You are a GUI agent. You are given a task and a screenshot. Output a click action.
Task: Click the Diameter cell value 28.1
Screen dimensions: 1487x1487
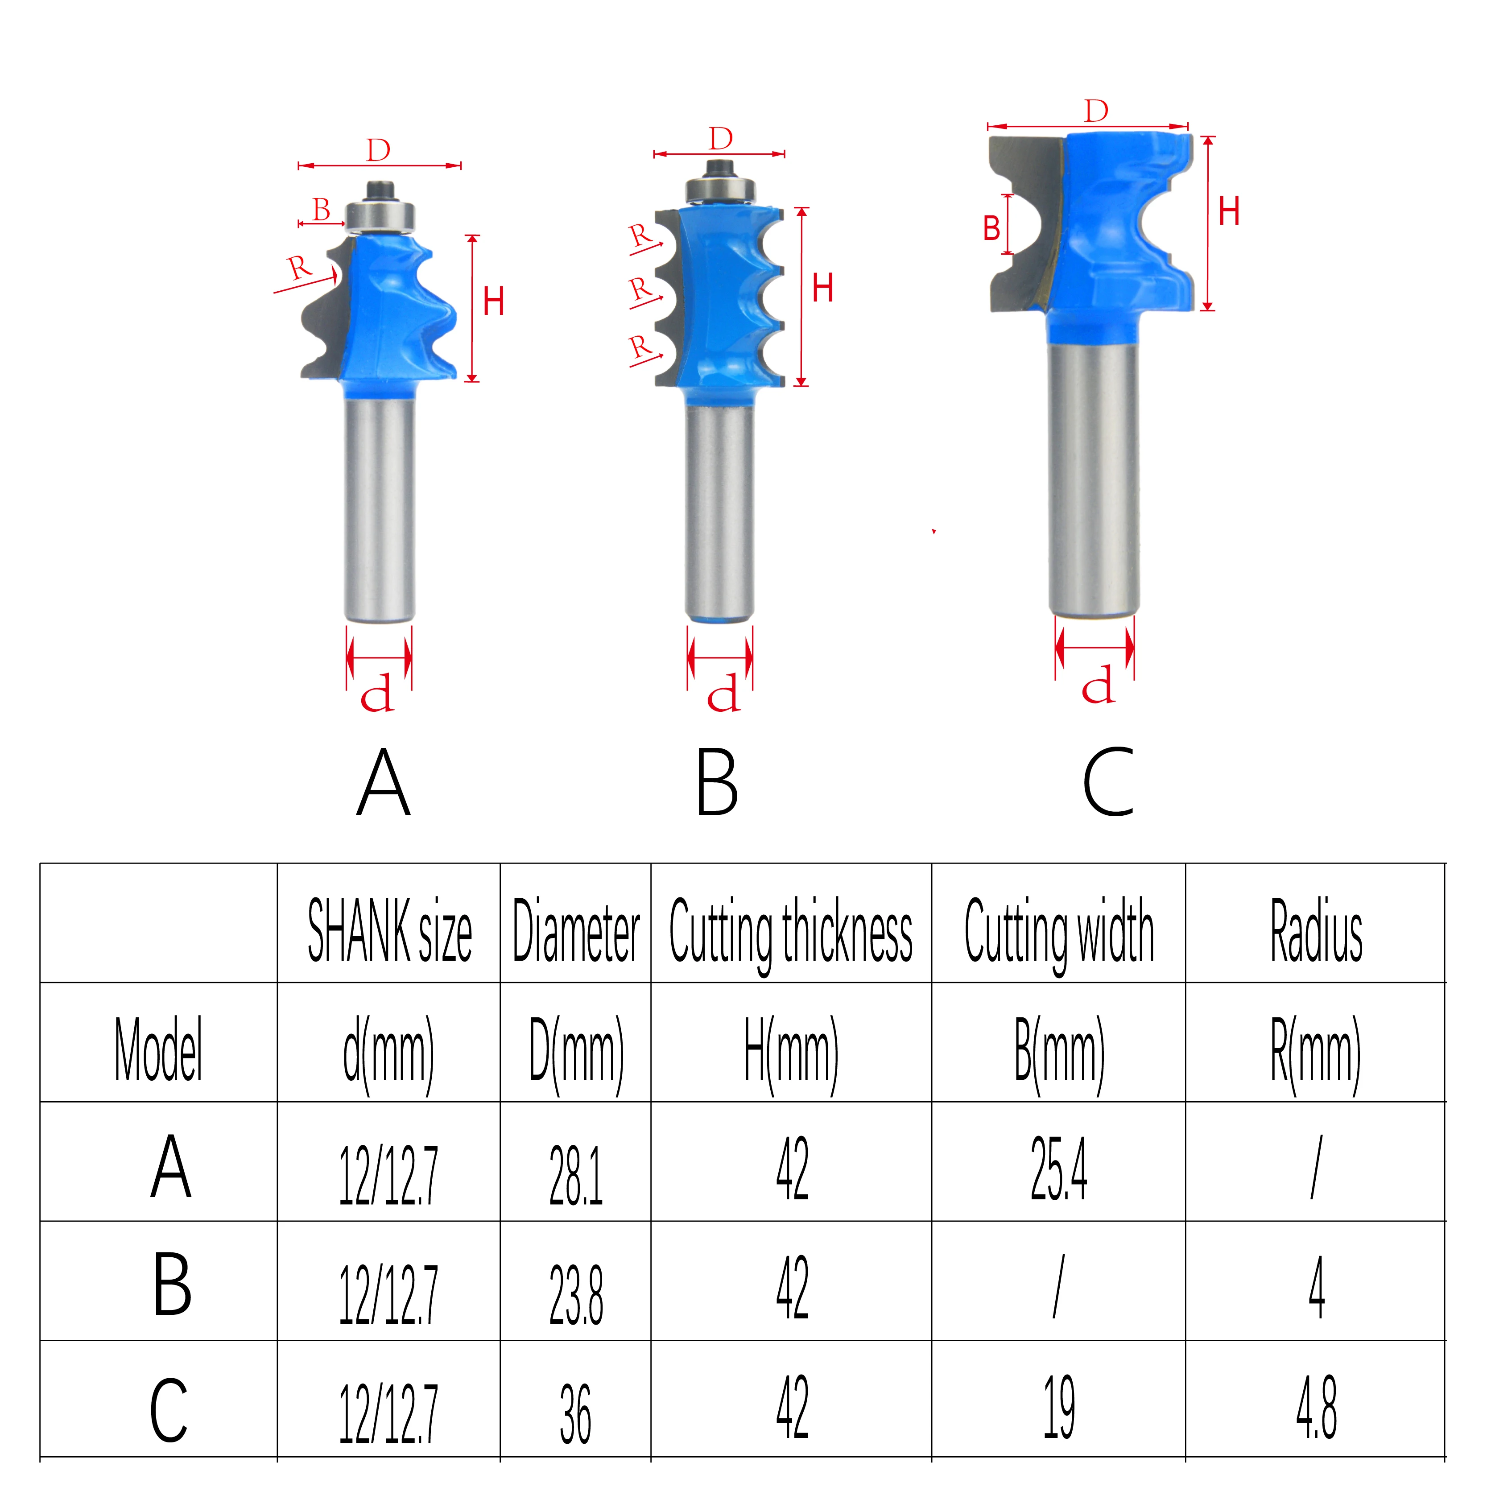[576, 1175]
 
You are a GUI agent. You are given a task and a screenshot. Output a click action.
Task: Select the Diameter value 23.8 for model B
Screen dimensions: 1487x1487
[576, 1295]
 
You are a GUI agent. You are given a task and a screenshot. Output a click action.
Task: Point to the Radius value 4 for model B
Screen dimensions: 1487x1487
[1316, 1288]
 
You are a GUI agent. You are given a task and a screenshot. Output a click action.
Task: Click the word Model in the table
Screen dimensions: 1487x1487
[158, 1049]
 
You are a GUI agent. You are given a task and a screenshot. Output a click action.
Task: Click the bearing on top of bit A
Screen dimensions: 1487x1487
[380, 215]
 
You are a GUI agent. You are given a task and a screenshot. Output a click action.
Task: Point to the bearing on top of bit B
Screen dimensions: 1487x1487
[720, 189]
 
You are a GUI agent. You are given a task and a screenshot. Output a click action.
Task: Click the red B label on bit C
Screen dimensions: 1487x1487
[991, 229]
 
